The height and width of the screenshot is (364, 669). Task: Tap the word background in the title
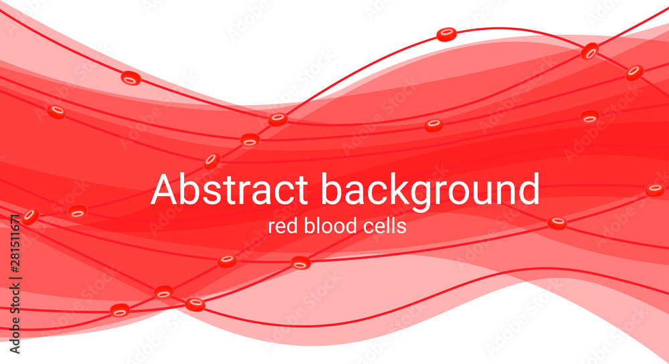(430, 191)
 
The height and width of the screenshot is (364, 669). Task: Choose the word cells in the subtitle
(384, 226)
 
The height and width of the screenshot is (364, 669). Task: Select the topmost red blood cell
(446, 34)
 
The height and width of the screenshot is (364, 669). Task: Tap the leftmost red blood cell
(29, 216)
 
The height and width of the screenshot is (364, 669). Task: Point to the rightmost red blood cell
(655, 190)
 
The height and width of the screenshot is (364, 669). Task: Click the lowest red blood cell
(120, 310)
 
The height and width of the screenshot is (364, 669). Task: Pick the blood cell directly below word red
(300, 263)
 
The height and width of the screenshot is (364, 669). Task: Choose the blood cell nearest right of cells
(557, 223)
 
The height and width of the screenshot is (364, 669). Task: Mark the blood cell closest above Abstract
(212, 161)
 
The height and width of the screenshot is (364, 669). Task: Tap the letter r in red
(271, 227)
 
